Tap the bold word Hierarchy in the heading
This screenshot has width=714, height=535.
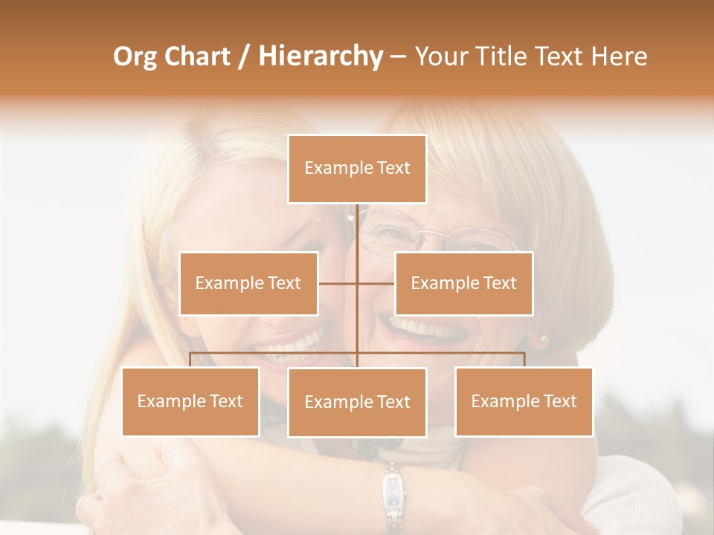pyautogui.click(x=321, y=56)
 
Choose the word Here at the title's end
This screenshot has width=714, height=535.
pyautogui.click(x=617, y=56)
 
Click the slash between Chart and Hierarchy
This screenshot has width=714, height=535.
pyautogui.click(x=244, y=56)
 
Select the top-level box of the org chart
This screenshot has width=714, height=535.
pyautogui.click(x=357, y=169)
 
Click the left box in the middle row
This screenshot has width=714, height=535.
pyautogui.click(x=248, y=283)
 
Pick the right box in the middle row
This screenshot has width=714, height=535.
pyautogui.click(x=463, y=283)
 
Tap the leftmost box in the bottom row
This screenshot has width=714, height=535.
pyautogui.click(x=190, y=402)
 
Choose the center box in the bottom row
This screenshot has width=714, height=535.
pyautogui.click(x=357, y=403)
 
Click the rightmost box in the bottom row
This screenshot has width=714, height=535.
pyautogui.click(x=524, y=402)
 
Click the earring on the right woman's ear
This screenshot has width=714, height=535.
pyautogui.click(x=543, y=340)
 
